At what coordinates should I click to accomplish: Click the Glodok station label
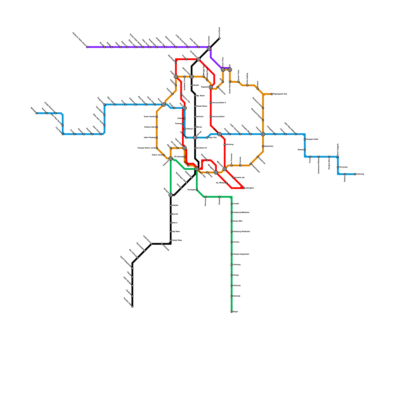[196, 85]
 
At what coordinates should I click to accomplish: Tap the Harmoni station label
[200, 117]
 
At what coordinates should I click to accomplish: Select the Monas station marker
[195, 127]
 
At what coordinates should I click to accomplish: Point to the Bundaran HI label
[201, 148]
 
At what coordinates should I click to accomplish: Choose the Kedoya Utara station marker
[157, 127]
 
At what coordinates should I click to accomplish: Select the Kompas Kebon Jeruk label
[146, 148]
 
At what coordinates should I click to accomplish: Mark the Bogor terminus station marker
[232, 312]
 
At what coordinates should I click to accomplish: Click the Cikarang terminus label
[360, 174]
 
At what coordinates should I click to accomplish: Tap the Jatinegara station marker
[244, 188]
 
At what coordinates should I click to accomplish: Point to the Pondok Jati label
[240, 178]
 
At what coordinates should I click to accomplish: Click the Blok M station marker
[171, 214]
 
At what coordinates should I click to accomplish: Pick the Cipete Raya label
[177, 240]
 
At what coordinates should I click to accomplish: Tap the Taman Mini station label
[237, 221]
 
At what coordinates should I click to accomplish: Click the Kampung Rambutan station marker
[232, 232]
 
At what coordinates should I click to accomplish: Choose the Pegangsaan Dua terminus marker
[272, 94]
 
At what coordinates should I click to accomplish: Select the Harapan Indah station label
[312, 140]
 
